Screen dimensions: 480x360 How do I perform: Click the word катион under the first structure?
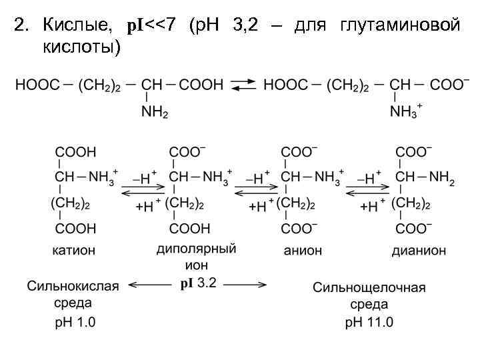[74, 251]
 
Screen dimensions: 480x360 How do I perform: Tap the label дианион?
[419, 251]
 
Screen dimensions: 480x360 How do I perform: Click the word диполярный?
[196, 249]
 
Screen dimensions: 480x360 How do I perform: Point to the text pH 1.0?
[75, 323]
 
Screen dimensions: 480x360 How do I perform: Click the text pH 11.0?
[369, 323]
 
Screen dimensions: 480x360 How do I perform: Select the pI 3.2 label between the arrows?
[198, 283]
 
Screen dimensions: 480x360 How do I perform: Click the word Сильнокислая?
[73, 286]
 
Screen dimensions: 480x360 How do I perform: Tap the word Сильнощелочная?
[369, 288]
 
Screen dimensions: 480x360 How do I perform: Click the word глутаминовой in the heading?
[400, 25]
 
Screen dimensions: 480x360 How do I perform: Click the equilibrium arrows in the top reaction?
[243, 85]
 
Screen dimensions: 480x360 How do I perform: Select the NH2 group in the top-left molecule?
[155, 113]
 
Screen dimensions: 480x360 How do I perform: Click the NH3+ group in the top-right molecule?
[405, 111]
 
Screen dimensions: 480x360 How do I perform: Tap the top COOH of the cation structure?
[75, 152]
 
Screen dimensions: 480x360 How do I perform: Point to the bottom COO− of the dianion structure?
[415, 229]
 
